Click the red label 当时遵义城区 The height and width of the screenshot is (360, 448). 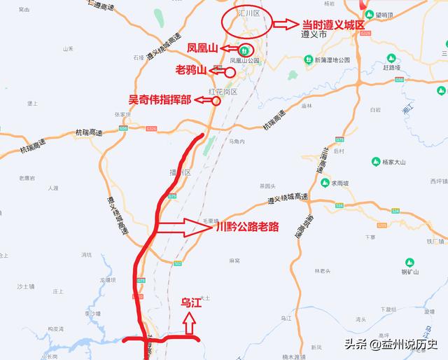(x=334, y=24)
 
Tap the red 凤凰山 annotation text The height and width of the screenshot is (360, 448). (x=203, y=48)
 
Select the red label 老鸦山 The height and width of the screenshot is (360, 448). (x=194, y=71)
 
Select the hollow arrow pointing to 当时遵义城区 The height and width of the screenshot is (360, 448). (x=285, y=24)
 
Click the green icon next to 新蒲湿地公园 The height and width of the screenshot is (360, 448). (x=309, y=60)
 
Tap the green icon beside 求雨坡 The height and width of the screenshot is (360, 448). (x=325, y=183)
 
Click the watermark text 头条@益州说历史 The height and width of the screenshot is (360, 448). (x=390, y=344)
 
